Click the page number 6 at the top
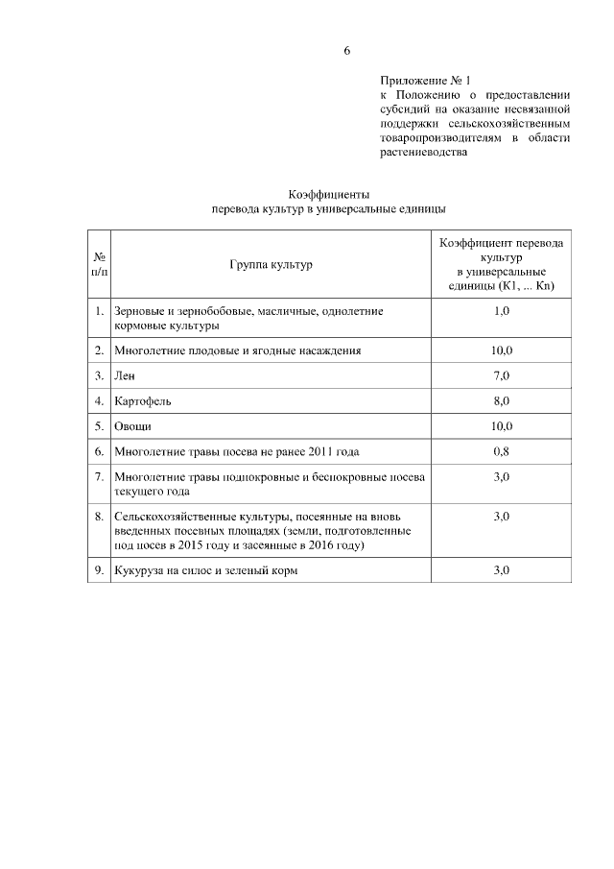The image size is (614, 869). tap(347, 51)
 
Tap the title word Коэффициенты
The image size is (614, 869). tap(329, 193)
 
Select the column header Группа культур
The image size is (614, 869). tap(272, 264)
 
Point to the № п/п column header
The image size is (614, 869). tap(99, 264)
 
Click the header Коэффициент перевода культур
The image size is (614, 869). tap(501, 252)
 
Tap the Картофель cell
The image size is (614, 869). tap(142, 400)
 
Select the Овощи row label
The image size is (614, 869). tap(132, 425)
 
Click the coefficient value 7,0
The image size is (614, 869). tap(501, 375)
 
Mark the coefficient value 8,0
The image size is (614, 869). tap(501, 400)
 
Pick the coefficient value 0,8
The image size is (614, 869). tap(501, 450)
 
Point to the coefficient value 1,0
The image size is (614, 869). tap(501, 312)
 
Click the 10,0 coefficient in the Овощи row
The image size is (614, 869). tap(501, 425)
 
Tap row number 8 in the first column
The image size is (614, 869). tap(99, 517)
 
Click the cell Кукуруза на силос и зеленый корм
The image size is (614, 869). tap(206, 570)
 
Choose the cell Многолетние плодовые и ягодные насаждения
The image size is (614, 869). tap(237, 350)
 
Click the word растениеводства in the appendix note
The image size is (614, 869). tap(423, 152)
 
